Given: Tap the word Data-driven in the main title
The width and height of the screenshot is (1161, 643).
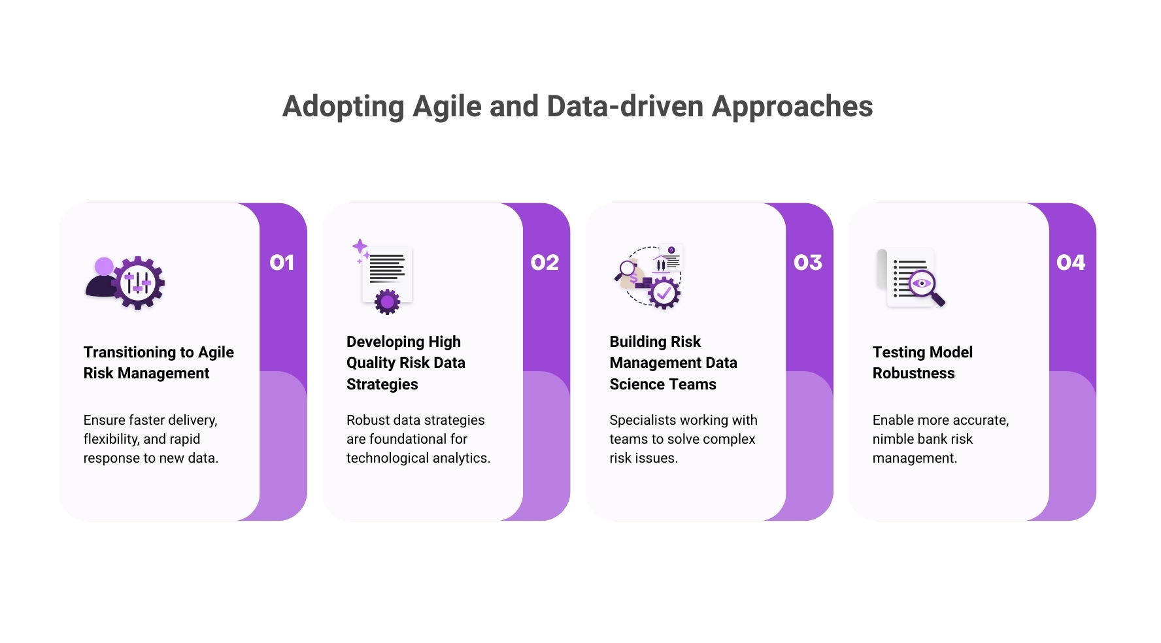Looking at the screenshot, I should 625,107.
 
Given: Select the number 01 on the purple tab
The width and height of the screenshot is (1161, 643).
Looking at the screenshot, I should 282,263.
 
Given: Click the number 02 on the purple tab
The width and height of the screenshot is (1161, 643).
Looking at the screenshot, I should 545,263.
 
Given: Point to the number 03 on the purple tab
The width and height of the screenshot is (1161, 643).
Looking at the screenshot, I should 808,263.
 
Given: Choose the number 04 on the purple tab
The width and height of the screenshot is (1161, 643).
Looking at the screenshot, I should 1071,263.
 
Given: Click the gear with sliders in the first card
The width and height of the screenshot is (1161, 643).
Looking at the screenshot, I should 138,283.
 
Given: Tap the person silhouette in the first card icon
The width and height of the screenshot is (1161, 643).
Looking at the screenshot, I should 101,279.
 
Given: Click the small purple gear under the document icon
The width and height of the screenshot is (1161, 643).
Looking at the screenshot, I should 387,301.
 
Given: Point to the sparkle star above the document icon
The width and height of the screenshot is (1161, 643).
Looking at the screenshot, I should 360,247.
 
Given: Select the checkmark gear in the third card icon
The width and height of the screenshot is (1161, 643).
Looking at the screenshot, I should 664,293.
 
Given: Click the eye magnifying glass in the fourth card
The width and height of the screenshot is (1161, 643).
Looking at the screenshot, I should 924,286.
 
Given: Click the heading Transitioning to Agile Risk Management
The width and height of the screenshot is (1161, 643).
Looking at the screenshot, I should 158,363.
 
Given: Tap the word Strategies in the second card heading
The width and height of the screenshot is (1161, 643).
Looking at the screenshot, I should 382,384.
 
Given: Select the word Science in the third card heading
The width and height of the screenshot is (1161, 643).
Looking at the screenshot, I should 635,384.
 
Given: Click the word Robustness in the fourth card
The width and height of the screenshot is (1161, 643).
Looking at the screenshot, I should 913,373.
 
